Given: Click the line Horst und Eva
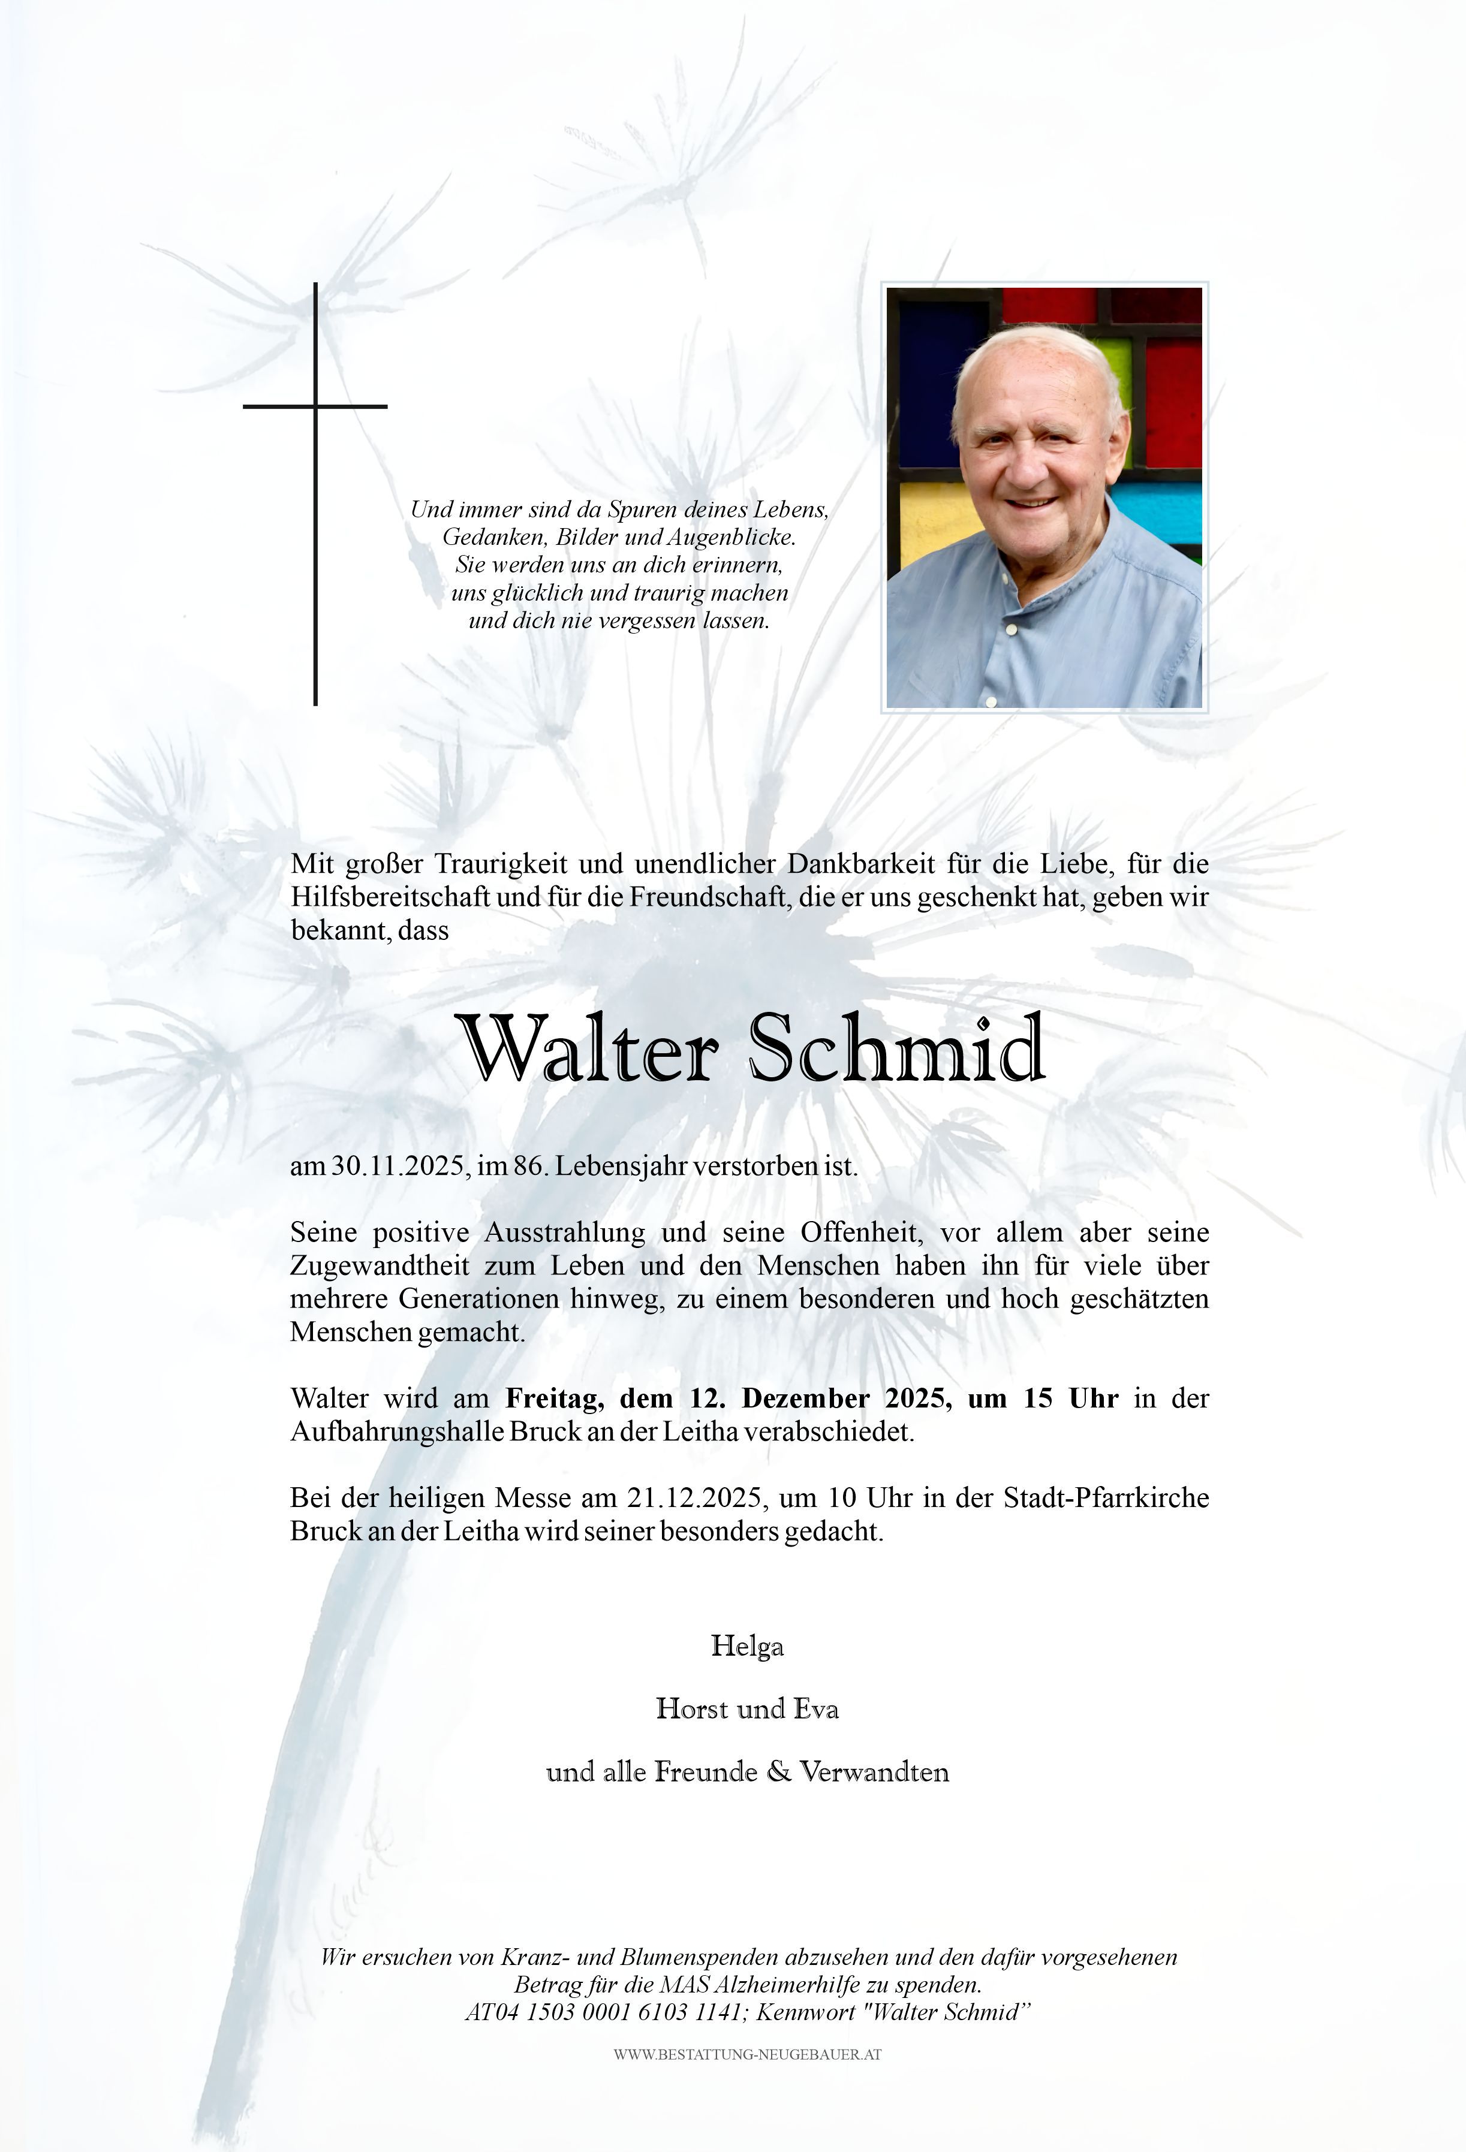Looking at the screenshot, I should click(746, 1708).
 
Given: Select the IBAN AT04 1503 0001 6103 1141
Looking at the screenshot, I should click(602, 2013).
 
